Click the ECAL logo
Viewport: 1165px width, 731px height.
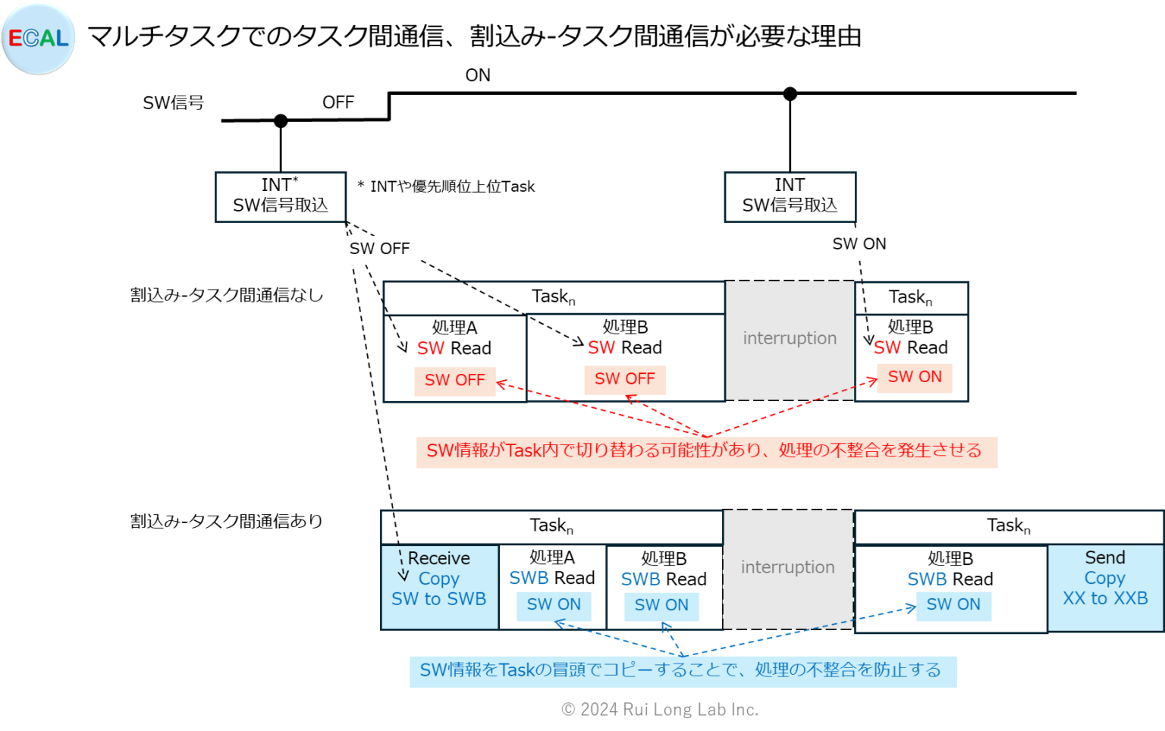pyautogui.click(x=39, y=39)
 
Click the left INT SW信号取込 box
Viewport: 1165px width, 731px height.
pyautogui.click(x=281, y=196)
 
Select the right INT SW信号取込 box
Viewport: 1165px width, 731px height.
pyautogui.click(x=790, y=196)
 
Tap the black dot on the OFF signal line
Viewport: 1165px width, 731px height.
pyautogui.click(x=281, y=121)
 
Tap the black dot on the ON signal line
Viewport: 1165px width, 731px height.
pyautogui.click(x=790, y=94)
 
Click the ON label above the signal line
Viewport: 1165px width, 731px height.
pyautogui.click(x=478, y=75)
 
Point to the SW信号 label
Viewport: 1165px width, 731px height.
pyautogui.click(x=173, y=102)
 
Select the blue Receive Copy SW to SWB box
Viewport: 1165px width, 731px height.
pyautogui.click(x=439, y=587)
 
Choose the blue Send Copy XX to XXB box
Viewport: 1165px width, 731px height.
pyautogui.click(x=1105, y=587)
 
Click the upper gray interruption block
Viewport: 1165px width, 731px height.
pyautogui.click(x=790, y=339)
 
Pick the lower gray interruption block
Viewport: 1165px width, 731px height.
pyautogui.click(x=787, y=568)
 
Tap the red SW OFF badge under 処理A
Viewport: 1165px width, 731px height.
pyautogui.click(x=454, y=380)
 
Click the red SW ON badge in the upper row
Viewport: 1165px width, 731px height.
pyautogui.click(x=915, y=377)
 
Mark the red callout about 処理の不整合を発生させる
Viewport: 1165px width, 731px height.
pyautogui.click(x=705, y=451)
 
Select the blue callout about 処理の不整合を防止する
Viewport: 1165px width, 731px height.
pyautogui.click(x=682, y=671)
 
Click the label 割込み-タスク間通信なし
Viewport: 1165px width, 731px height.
pyautogui.click(x=226, y=295)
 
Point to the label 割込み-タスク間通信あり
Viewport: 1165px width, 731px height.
pyautogui.click(x=226, y=521)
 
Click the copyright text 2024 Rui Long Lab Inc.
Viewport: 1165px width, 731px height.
pyautogui.click(x=659, y=710)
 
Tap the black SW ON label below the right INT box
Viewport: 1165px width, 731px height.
pyautogui.click(x=859, y=243)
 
